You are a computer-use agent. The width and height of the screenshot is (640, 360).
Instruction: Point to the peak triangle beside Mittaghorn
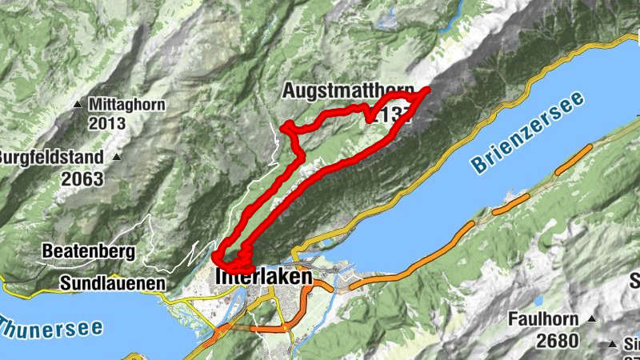pyautogui.click(x=78, y=105)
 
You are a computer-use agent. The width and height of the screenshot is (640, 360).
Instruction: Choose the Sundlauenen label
pyautogui.click(x=112, y=282)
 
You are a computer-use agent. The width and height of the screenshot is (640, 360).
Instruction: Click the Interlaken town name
pyautogui.click(x=264, y=277)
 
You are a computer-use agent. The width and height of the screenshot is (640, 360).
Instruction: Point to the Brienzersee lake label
pyautogui.click(x=528, y=133)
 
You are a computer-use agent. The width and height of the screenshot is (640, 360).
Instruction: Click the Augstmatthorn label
pyautogui.click(x=347, y=92)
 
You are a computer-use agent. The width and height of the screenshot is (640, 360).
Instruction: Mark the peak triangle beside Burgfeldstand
pyautogui.click(x=117, y=157)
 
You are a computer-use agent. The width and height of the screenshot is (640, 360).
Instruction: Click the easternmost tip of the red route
pyautogui.click(x=428, y=89)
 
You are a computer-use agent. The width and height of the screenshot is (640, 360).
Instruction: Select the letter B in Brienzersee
pyautogui.click(x=478, y=166)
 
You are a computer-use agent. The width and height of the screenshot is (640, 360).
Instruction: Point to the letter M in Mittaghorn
pyautogui.click(x=96, y=104)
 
